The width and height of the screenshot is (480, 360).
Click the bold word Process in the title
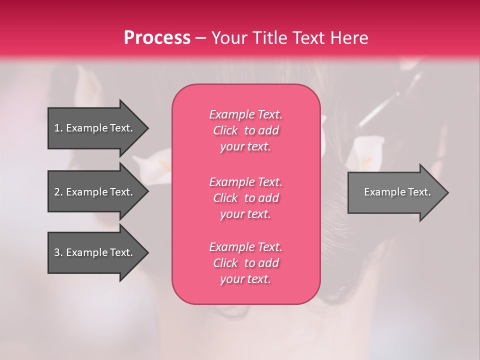click(157, 38)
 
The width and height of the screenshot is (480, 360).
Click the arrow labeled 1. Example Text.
click(95, 128)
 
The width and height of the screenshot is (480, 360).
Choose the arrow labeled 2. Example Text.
click(95, 192)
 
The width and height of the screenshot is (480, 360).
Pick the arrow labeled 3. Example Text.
click(95, 252)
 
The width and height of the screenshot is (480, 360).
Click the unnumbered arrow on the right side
click(395, 192)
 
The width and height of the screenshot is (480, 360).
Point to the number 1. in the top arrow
click(58, 128)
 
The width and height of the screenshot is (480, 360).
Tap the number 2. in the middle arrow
click(58, 192)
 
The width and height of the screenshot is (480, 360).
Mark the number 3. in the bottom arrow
click(58, 252)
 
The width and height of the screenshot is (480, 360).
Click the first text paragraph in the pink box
click(245, 130)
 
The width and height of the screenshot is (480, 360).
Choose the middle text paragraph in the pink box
click(245, 198)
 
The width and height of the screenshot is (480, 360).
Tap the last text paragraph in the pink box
click(245, 263)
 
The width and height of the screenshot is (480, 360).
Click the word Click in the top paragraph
click(225, 130)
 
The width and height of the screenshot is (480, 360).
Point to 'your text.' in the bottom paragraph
click(245, 279)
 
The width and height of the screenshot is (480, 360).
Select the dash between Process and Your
click(200, 38)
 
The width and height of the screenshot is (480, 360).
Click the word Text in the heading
click(309, 38)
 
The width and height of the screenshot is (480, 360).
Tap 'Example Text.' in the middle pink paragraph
click(245, 182)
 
